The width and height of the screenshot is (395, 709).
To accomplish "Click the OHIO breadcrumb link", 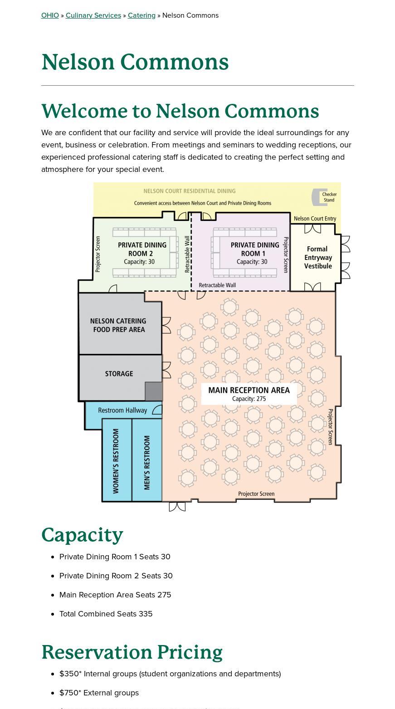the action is click(x=50, y=15).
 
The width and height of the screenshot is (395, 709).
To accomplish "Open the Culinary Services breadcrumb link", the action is click(x=93, y=15).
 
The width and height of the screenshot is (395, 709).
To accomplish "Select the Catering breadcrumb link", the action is click(x=141, y=15).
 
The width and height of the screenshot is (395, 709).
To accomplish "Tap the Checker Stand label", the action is click(x=329, y=197).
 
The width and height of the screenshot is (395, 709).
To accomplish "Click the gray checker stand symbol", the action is click(x=315, y=197).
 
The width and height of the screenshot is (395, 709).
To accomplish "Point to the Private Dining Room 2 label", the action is click(x=141, y=253).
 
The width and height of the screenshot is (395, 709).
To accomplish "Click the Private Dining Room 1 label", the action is click(x=254, y=253).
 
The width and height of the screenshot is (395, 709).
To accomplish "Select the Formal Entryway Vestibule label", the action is click(x=318, y=257).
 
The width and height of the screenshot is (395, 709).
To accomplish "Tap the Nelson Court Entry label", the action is click(x=315, y=218).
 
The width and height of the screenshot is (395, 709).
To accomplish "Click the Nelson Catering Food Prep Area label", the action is click(x=118, y=325).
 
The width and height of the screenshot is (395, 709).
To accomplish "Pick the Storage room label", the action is click(x=119, y=373).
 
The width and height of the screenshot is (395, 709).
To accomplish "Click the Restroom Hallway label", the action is click(x=122, y=410).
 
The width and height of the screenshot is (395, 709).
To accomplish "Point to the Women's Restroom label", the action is click(x=116, y=461).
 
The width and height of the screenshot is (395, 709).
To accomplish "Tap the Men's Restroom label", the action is click(x=147, y=462).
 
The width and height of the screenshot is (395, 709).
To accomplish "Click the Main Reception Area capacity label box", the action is click(x=249, y=394).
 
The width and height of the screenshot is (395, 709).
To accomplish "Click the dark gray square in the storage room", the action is click(x=154, y=391).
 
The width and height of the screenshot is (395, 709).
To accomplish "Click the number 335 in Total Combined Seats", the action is click(x=146, y=614).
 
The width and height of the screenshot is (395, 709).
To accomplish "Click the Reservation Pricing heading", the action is click(x=132, y=652).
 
